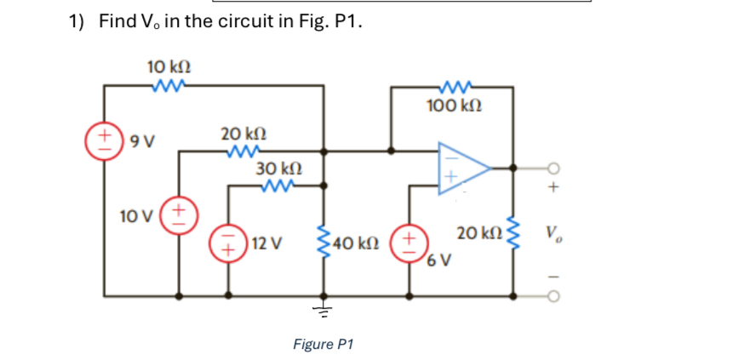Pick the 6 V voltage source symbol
pos(409,240)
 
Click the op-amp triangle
pos(461,169)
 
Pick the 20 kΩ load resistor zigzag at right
pos(512,236)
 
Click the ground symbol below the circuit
pos(323,310)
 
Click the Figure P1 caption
pos(323,344)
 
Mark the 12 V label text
pos(266,243)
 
